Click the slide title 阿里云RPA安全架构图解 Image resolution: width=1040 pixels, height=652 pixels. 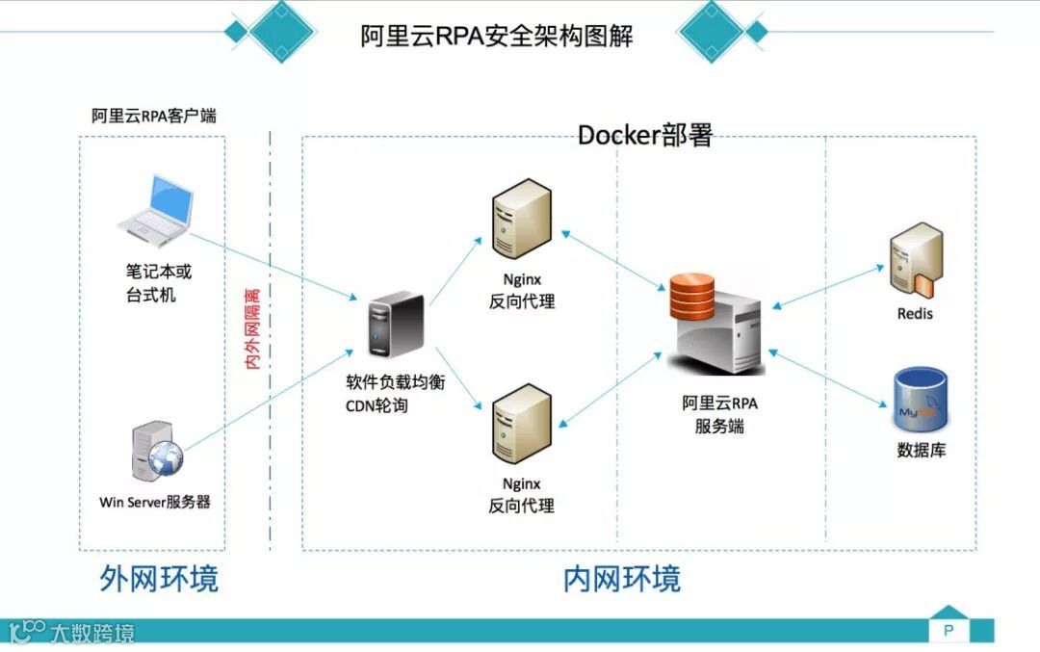497,36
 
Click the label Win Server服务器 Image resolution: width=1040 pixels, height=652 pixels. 155,502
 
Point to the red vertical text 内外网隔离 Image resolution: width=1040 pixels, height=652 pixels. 254,327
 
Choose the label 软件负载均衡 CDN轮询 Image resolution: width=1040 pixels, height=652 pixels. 395,393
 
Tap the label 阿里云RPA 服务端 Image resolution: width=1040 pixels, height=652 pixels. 719,414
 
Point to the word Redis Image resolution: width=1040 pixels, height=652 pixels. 915,314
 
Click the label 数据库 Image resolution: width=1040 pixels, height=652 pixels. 921,450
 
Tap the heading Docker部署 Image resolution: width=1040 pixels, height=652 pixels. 644,136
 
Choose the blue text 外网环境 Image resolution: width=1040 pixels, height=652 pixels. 159,579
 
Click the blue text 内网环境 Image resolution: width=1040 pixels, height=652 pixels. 621,579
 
